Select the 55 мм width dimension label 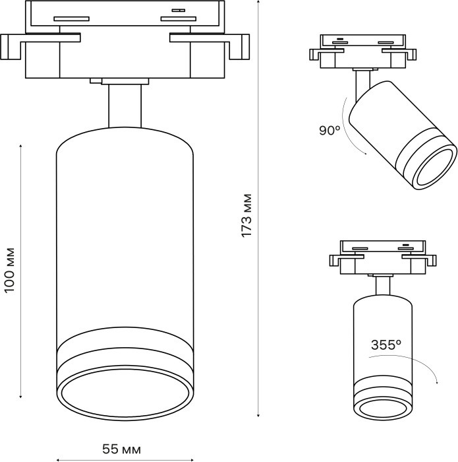(121, 449)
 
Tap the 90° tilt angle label (329, 131)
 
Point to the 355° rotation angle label (386, 345)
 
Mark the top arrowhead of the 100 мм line (21, 143)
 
